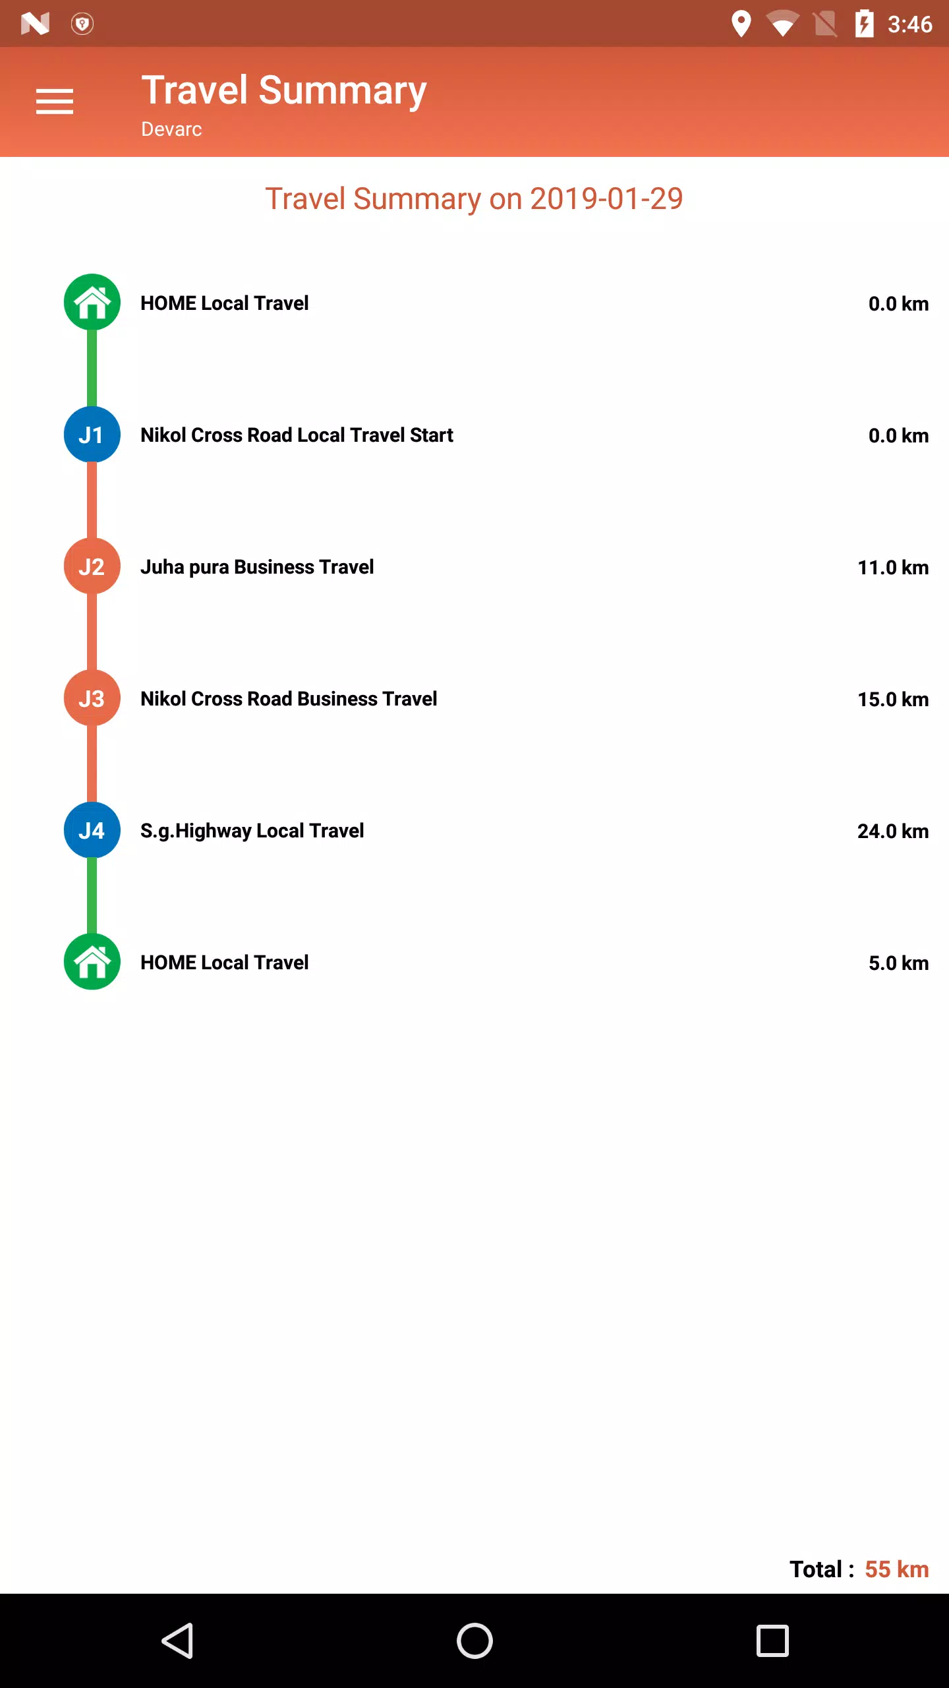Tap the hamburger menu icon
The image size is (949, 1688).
pyautogui.click(x=55, y=102)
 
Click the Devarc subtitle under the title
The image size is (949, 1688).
pyautogui.click(x=171, y=129)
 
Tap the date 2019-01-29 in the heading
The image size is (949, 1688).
pyautogui.click(x=606, y=198)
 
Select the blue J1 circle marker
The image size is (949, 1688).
pyautogui.click(x=92, y=435)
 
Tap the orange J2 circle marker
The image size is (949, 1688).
pyautogui.click(x=92, y=566)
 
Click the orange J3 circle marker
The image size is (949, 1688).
pyautogui.click(x=92, y=698)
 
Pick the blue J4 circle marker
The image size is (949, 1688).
pyautogui.click(x=92, y=830)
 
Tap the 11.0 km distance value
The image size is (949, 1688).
pyautogui.click(x=893, y=567)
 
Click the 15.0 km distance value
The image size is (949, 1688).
pyautogui.click(x=893, y=699)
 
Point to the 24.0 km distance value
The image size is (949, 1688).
pyautogui.click(x=893, y=831)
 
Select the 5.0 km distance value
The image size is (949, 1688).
pyautogui.click(x=898, y=963)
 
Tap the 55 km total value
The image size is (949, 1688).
pyautogui.click(x=897, y=1569)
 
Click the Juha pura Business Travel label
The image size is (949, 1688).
pyautogui.click(x=257, y=567)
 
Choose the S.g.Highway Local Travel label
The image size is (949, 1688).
pyautogui.click(x=252, y=831)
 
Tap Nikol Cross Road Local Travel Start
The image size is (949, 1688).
pyautogui.click(x=297, y=435)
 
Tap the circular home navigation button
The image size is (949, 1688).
pyautogui.click(x=474, y=1641)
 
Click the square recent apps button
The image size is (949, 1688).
pyautogui.click(x=772, y=1641)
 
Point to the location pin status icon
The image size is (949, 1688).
pyautogui.click(x=741, y=24)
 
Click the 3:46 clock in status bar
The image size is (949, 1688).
pyautogui.click(x=909, y=24)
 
